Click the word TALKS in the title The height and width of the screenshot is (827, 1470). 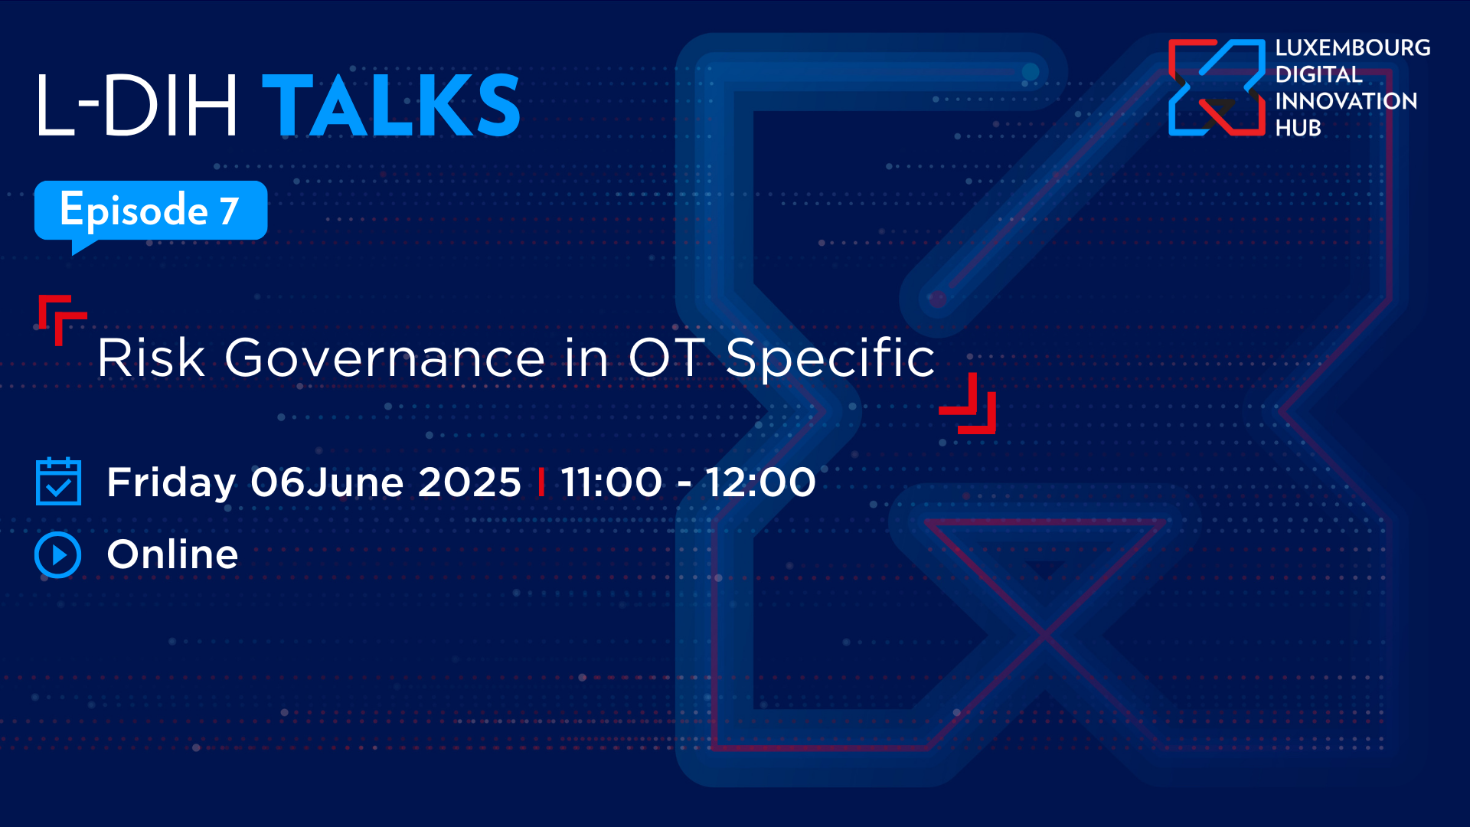point(391,106)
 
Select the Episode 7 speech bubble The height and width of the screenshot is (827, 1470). point(151,211)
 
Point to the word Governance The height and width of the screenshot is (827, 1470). point(384,358)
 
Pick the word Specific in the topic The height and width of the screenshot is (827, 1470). point(830,358)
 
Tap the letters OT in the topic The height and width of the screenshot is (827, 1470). point(665,358)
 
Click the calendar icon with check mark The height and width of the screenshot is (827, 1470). point(58,482)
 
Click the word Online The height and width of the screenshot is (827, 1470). point(172,554)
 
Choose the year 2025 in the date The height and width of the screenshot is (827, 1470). point(469,482)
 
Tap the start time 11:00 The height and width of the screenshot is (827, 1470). point(611,482)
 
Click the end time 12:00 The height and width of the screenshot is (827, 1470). point(760,482)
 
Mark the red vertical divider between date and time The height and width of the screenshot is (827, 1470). point(541,482)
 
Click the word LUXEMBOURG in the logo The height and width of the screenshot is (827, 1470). point(1353,47)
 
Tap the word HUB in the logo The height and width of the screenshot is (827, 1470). point(1298,128)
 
